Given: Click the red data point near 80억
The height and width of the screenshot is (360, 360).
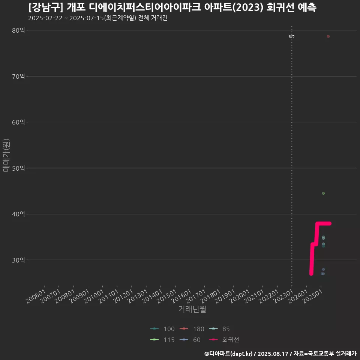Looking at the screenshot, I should (328, 36).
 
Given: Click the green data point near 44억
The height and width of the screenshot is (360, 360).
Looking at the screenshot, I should (323, 193).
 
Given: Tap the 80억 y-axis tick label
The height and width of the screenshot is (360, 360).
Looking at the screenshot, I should (18, 30).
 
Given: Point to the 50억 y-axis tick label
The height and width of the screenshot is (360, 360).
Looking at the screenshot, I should (18, 168).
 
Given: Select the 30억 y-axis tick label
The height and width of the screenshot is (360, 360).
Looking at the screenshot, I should (18, 260).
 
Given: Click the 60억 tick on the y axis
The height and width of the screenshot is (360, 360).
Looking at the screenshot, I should (18, 122).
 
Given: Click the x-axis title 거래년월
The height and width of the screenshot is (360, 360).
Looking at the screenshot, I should (192, 309).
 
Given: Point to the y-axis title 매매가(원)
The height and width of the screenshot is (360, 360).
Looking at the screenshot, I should (6, 155).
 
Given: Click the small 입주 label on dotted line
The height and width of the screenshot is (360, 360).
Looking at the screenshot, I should (292, 37).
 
